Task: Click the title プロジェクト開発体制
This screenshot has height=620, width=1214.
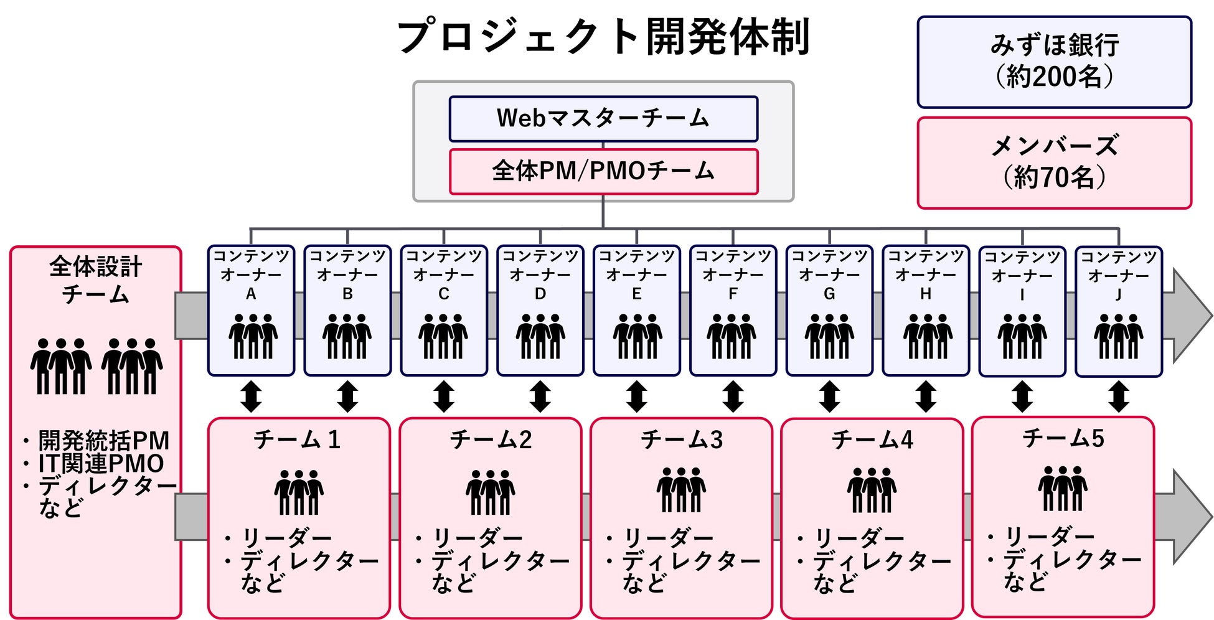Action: point(603,37)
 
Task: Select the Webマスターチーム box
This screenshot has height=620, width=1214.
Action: point(603,118)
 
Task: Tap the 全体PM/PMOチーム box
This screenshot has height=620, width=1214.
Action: point(603,171)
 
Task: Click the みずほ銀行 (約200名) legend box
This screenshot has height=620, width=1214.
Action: point(1054,62)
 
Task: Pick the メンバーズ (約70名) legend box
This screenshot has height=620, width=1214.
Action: point(1054,162)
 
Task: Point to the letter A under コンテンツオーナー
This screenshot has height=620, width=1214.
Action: point(251,294)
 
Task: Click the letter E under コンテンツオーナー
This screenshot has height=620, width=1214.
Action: point(636,294)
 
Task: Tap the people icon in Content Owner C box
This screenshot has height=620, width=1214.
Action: point(443,336)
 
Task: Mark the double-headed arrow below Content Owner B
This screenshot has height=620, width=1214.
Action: point(347,397)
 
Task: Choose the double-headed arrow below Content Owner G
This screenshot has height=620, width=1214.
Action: point(829,397)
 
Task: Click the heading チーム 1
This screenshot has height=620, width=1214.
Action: point(297,440)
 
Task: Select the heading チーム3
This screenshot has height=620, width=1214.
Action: point(682,440)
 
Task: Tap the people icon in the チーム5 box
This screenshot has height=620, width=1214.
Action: point(1062,488)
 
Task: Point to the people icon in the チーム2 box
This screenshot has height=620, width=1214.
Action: point(490,492)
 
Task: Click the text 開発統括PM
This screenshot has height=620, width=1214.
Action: point(103,441)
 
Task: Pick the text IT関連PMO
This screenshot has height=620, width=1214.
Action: point(101,464)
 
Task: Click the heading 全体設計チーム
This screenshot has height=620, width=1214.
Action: point(96,280)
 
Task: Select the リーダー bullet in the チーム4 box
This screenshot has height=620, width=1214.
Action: point(859,537)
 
